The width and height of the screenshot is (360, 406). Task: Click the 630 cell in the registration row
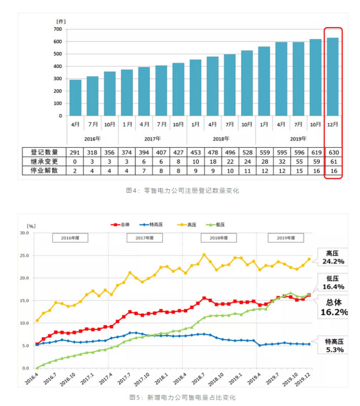coord(333,152)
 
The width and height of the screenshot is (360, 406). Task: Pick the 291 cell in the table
coord(75,152)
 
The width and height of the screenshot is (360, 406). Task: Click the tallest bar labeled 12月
coord(333,76)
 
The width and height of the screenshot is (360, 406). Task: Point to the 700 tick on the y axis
coord(57,29)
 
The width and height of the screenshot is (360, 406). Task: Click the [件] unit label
coord(61,21)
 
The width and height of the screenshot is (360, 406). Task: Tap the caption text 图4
coord(133,191)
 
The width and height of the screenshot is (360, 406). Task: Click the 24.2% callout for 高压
coord(333,261)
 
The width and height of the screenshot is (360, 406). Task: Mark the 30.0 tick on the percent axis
coord(24,233)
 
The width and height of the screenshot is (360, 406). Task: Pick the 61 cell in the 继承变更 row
coord(333,162)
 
